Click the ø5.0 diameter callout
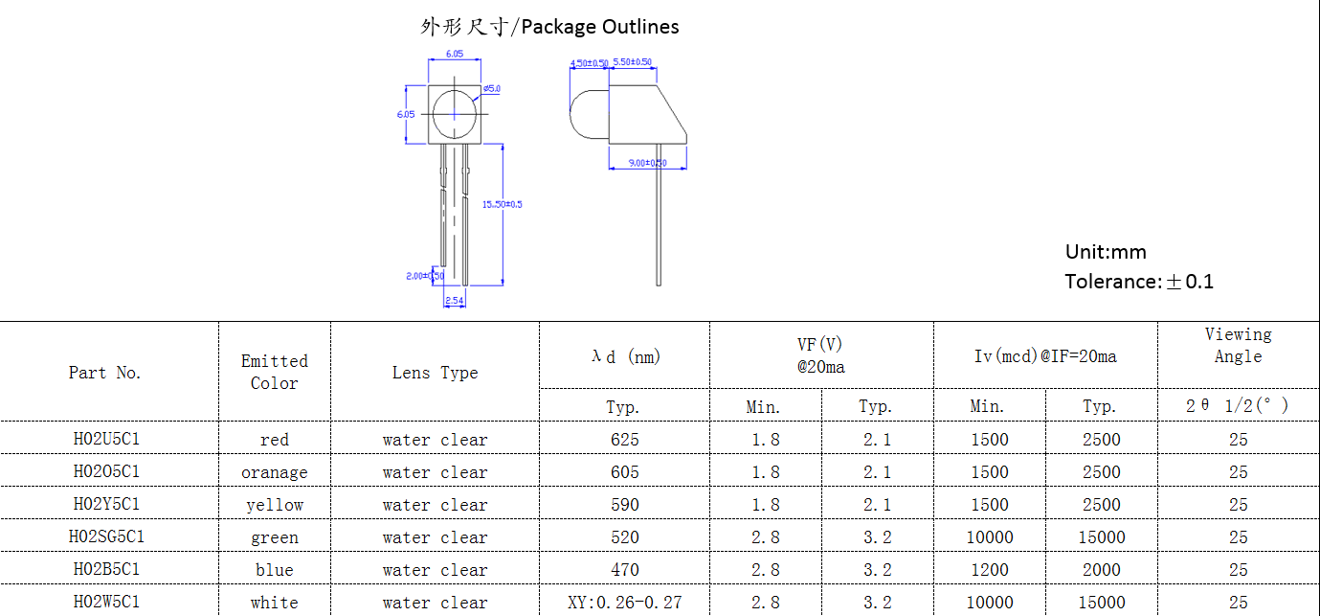point(492,88)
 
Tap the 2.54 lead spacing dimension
point(455,301)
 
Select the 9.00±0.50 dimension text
point(647,163)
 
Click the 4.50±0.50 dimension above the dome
point(589,63)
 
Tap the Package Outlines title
point(549,27)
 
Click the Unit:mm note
point(1106,252)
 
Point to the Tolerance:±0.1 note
point(1139,282)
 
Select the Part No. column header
point(105,373)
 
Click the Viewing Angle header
point(1238,345)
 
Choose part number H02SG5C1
point(107,537)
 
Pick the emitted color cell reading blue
point(275,570)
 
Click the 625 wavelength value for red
point(624,440)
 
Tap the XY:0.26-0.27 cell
point(624,603)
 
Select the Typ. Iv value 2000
point(1101,570)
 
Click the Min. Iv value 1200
point(989,570)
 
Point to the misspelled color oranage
point(275,472)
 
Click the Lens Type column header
point(435,373)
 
